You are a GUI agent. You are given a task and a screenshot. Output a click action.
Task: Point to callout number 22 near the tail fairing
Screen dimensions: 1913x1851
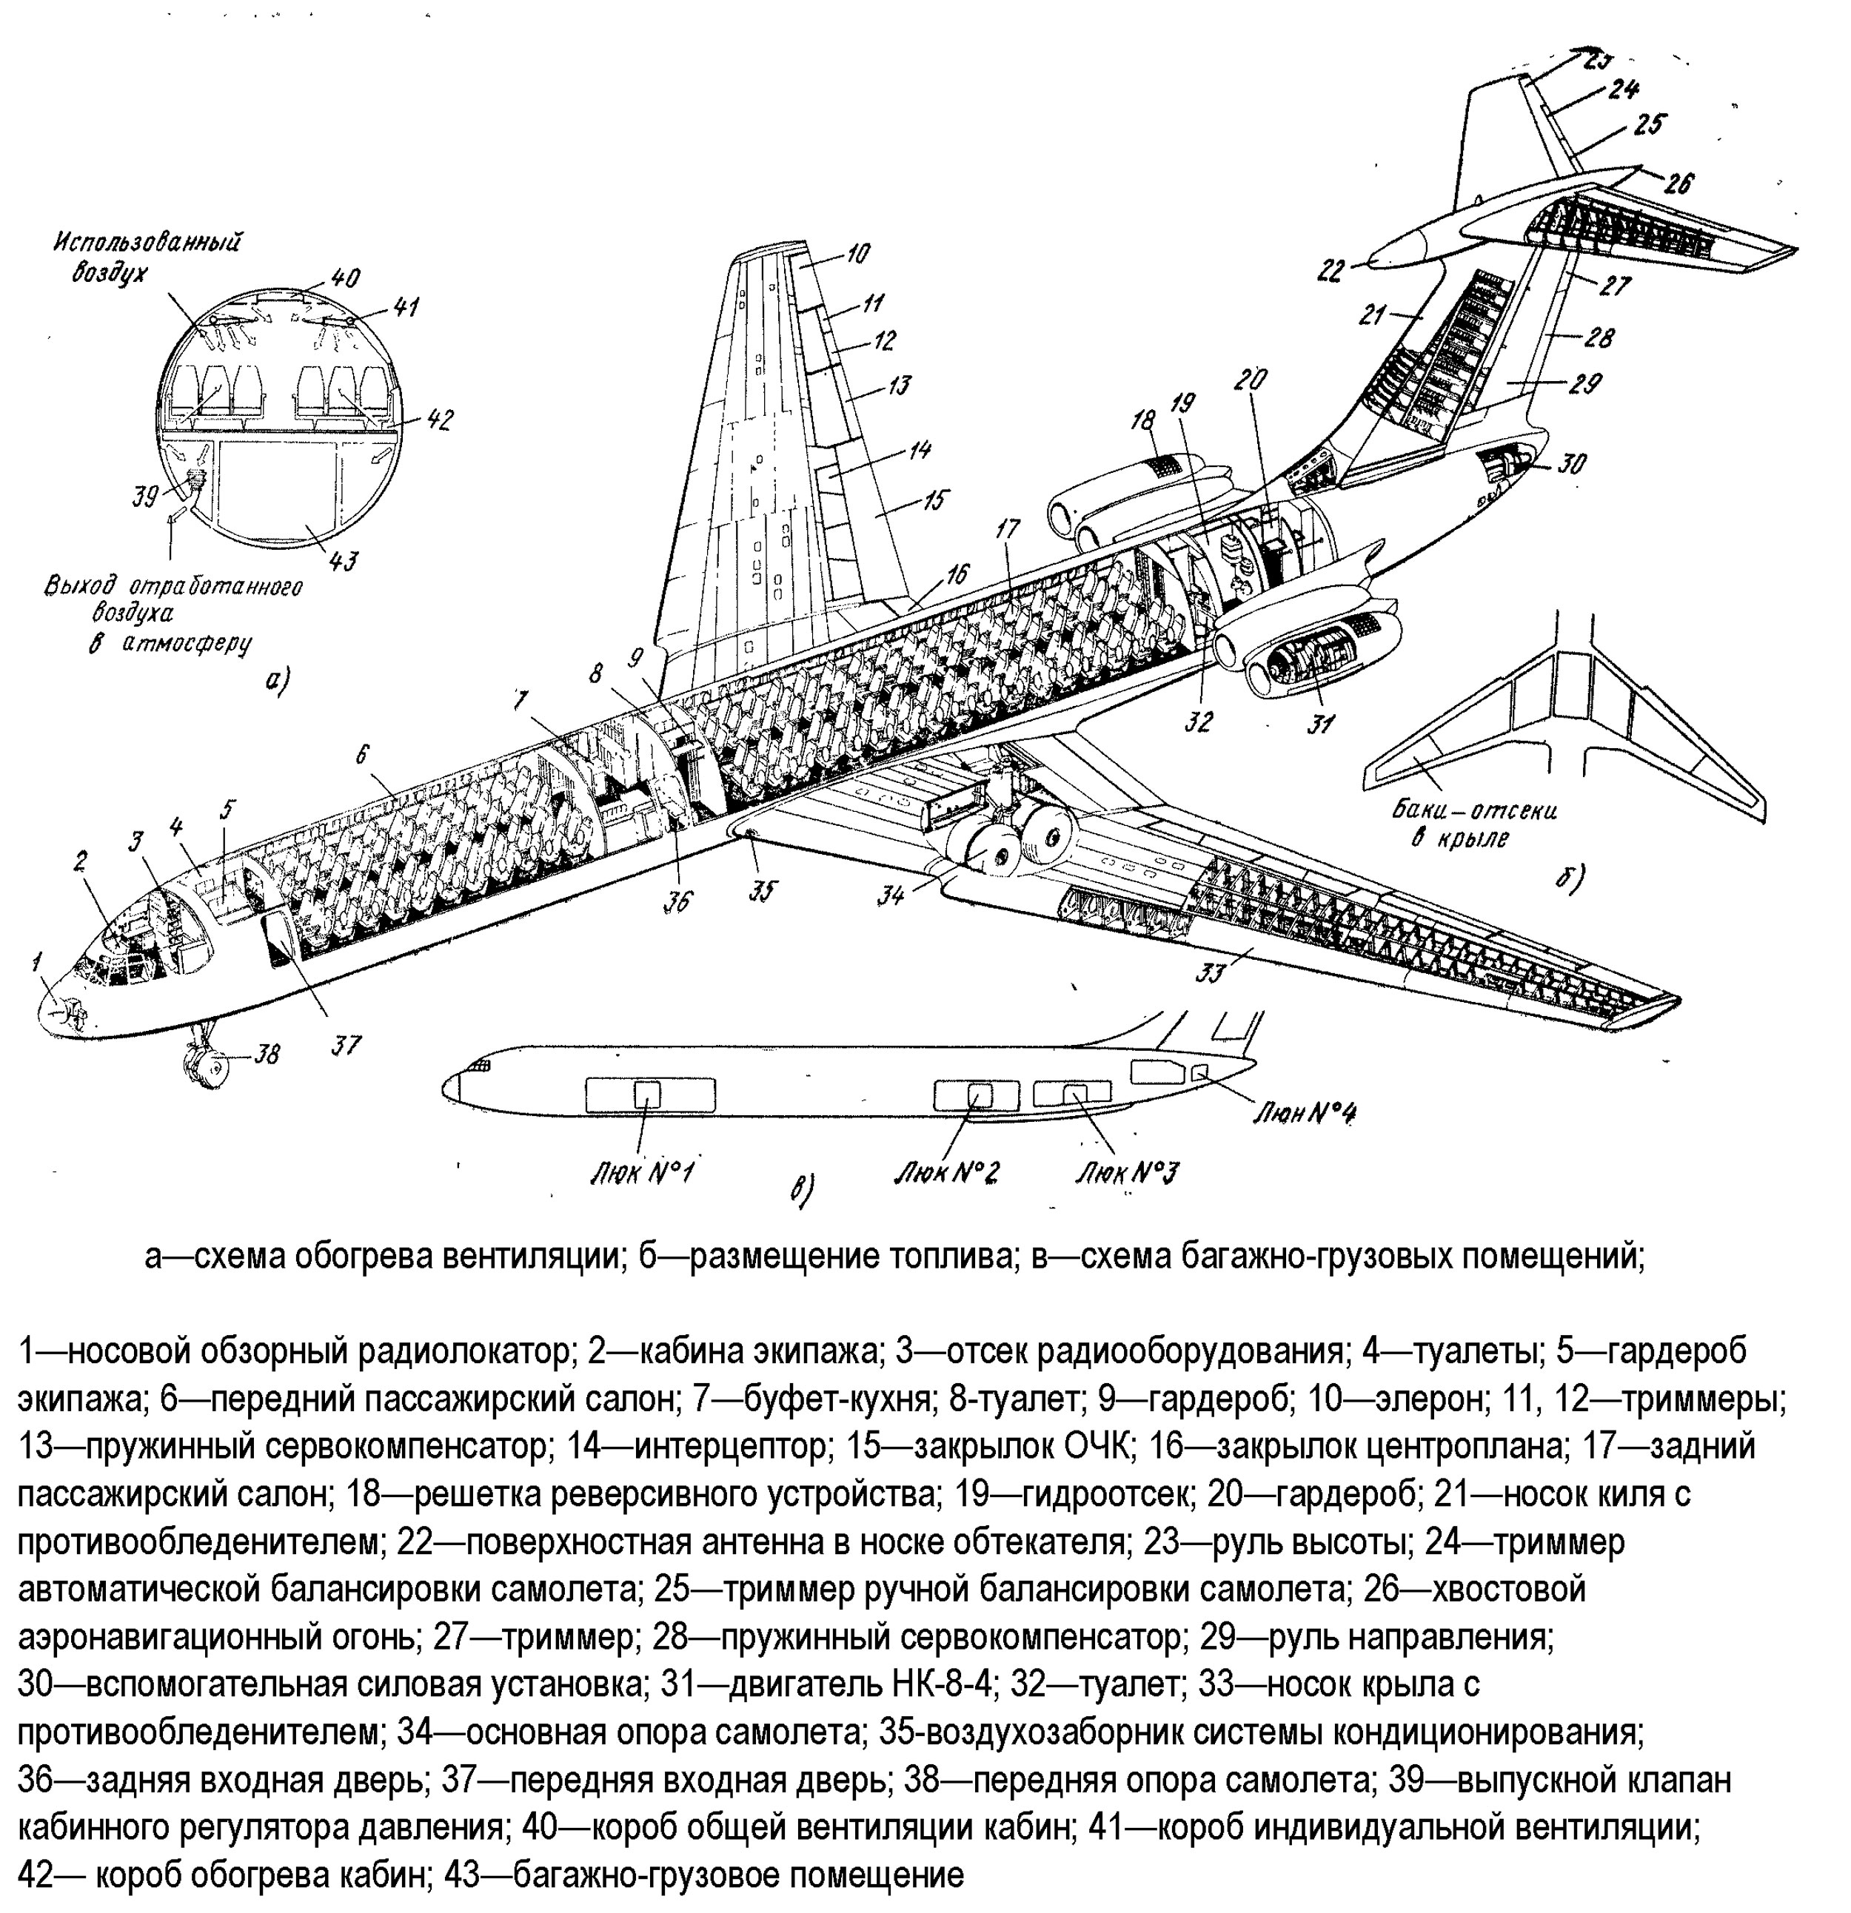click(x=1330, y=270)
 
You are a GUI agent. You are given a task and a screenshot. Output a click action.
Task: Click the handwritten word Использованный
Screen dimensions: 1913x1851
click(x=147, y=240)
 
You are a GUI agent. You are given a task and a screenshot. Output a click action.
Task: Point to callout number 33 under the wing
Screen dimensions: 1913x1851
click(x=1211, y=972)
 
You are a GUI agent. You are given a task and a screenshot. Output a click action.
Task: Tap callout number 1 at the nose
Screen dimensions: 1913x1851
click(x=36, y=961)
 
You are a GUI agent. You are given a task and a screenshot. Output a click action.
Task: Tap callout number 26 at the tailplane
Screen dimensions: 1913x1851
click(x=1679, y=183)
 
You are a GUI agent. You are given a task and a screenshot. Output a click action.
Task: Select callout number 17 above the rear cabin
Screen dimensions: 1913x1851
click(x=1008, y=530)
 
